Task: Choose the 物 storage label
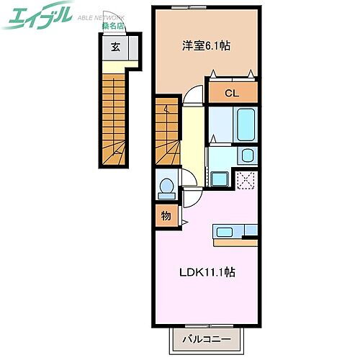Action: [165, 215]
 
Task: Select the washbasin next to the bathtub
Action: [247, 156]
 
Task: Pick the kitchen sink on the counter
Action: [225, 232]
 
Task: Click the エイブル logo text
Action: [37, 16]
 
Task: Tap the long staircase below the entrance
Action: [115, 115]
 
